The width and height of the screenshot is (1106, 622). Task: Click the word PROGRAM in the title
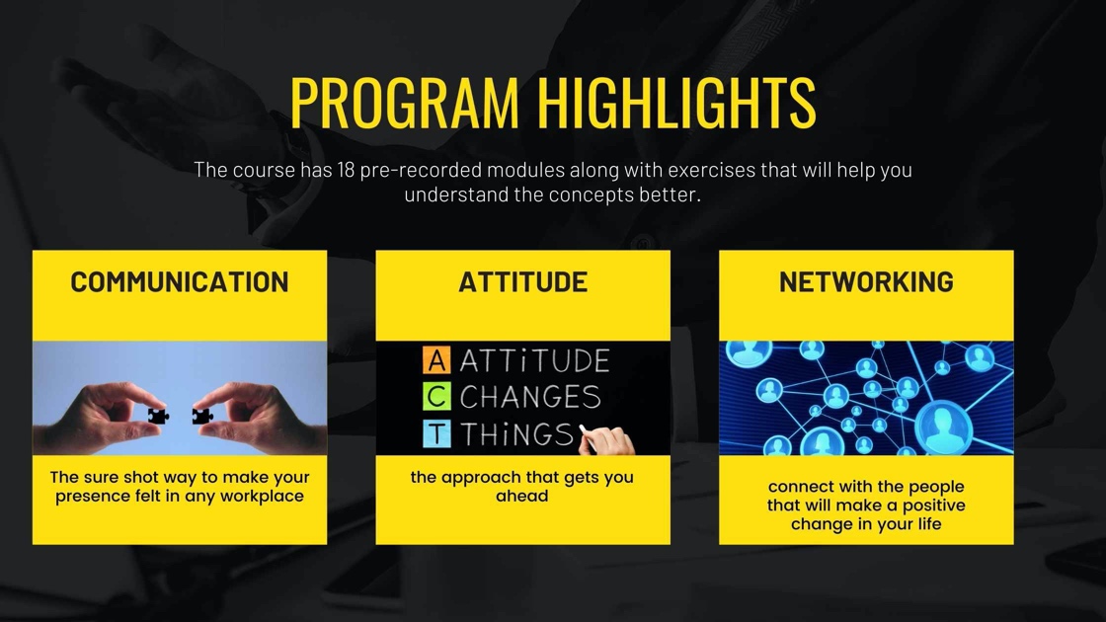coord(404,103)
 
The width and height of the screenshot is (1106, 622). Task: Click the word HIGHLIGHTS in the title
coord(676,103)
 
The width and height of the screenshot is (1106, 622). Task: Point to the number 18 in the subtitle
coord(346,170)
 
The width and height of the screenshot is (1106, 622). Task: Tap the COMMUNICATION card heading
coord(179,282)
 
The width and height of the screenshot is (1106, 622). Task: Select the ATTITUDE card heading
coord(522,282)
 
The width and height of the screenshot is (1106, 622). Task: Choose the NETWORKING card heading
coord(866,282)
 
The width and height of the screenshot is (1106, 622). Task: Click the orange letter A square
coord(436,360)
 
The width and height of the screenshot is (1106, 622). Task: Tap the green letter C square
coord(436,397)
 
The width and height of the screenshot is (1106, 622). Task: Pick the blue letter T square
coord(436,433)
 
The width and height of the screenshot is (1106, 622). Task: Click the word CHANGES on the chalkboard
coord(530,397)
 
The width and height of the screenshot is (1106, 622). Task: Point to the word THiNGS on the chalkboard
coord(517,434)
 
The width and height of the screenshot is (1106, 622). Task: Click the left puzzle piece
coord(158,416)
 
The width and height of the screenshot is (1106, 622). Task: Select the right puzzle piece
coord(202,416)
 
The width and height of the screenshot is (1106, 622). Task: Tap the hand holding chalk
coord(607,441)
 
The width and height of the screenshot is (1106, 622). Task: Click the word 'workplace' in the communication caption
coord(262,497)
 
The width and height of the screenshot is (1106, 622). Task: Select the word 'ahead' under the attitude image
coord(522,496)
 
